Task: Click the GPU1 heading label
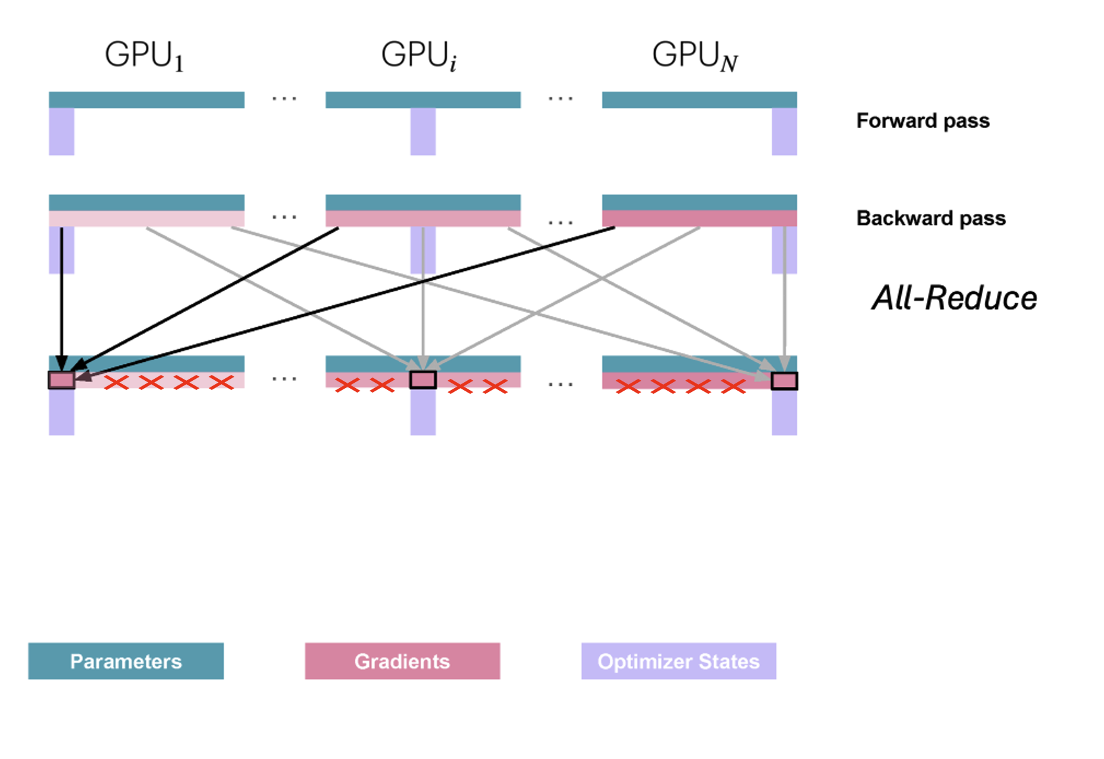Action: pos(144,55)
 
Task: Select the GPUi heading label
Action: pos(419,55)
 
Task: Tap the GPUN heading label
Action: pos(694,55)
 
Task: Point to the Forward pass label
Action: pos(922,121)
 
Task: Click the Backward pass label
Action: pos(930,218)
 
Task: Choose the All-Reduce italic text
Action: pos(954,298)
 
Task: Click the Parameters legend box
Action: pos(126,661)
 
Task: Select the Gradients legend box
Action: pos(402,661)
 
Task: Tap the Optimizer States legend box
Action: pos(679,661)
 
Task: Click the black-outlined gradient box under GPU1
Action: pos(62,380)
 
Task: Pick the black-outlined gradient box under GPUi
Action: pos(423,379)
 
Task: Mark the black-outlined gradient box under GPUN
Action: pos(784,381)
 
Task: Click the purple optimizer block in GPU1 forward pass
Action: pos(62,131)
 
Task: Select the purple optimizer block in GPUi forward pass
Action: pos(423,131)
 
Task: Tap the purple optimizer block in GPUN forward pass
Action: pos(784,131)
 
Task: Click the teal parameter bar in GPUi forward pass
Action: pos(423,100)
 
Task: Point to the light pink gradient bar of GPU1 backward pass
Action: pos(146,219)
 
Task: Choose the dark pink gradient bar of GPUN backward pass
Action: pos(699,219)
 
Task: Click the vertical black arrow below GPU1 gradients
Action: pos(62,295)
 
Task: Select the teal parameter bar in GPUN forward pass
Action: pos(699,100)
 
